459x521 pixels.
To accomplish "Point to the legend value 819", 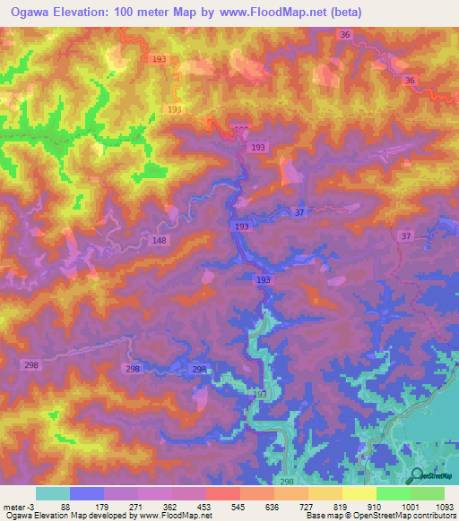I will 338,506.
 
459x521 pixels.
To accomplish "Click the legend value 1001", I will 408,506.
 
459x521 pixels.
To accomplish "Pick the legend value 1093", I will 444,506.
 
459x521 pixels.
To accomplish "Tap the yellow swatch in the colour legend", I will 359,493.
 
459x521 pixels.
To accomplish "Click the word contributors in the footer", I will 434,516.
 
